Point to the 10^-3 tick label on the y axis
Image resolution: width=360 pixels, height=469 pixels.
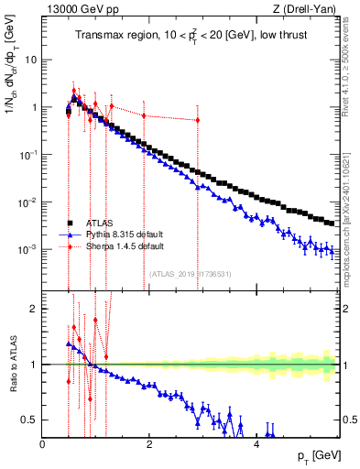click(28, 249)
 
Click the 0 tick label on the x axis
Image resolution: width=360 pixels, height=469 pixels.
click(43, 444)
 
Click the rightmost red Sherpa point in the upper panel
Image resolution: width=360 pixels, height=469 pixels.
click(197, 120)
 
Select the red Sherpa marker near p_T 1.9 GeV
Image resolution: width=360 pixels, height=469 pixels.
click(144, 115)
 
